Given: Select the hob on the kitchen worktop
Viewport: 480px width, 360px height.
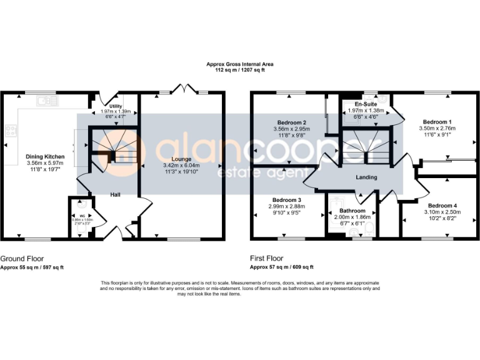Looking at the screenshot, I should [11, 131].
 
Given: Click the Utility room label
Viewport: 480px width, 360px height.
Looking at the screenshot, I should [116, 105].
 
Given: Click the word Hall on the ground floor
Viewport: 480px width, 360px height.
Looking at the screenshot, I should [116, 194].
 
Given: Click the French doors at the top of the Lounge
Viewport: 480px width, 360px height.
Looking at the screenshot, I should [181, 89].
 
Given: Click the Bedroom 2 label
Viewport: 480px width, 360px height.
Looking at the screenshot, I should [291, 122].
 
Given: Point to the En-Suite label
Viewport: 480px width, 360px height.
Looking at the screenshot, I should [364, 104].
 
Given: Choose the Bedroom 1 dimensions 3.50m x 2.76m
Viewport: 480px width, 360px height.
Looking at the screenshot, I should [437, 128].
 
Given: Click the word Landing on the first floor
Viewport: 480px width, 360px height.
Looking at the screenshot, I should [366, 177].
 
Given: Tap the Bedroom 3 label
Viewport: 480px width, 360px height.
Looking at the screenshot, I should [282, 199].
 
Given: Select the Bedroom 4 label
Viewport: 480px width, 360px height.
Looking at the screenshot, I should [442, 206].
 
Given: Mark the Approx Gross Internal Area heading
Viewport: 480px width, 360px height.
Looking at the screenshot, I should [240, 64].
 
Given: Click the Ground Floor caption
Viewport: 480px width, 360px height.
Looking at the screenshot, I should [22, 258].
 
